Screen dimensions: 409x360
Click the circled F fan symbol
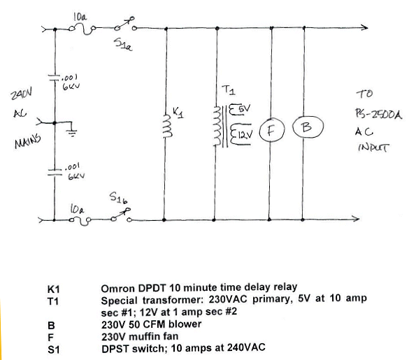[271, 129]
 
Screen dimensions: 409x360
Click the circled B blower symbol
[308, 127]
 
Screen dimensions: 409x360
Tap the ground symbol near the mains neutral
[73, 133]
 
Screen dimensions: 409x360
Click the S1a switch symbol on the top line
[125, 24]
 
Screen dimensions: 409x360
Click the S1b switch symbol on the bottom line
[121, 215]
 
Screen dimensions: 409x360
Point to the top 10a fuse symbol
[82, 29]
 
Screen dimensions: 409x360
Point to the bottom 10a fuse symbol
[80, 221]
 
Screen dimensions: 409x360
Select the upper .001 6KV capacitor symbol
[55, 78]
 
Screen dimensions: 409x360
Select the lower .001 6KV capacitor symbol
[55, 171]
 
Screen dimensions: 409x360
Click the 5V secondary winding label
[245, 108]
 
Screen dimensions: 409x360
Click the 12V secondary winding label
[245, 135]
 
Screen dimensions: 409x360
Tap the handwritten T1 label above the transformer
[229, 90]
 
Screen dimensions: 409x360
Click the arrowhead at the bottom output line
[356, 219]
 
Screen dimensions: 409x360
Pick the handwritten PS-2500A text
[378, 114]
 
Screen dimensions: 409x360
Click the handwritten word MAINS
[28, 141]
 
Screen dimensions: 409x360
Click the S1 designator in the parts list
[53, 350]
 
